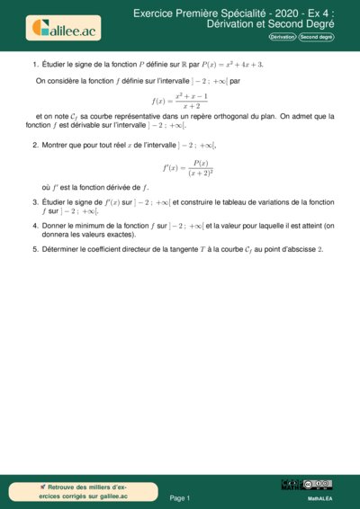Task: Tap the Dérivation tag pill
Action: pyautogui.click(x=282, y=37)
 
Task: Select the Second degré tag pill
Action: pyautogui.click(x=317, y=37)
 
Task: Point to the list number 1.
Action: pyautogui.click(x=34, y=65)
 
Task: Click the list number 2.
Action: pyautogui.click(x=34, y=144)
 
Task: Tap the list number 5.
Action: pyautogui.click(x=34, y=248)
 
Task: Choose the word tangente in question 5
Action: pyautogui.click(x=200, y=248)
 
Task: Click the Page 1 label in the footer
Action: pyautogui.click(x=180, y=497)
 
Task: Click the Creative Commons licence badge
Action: pyautogui.click(x=317, y=485)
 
